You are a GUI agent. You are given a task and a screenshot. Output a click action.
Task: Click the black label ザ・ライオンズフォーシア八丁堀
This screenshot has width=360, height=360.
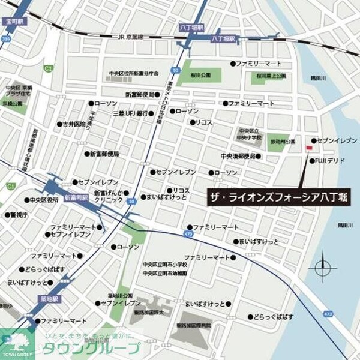279,195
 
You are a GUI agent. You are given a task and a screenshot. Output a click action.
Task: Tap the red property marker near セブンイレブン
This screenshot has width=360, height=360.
309,147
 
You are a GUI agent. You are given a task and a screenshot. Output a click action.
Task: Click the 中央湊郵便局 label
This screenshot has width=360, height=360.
238,156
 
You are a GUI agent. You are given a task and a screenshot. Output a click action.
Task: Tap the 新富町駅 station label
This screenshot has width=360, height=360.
76,197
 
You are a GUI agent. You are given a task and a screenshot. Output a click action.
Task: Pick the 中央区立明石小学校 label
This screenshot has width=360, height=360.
164,264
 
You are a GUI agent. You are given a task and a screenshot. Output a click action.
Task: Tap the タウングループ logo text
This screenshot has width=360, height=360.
90,348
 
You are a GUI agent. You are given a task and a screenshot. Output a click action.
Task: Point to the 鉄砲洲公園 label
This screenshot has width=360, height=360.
282,142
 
